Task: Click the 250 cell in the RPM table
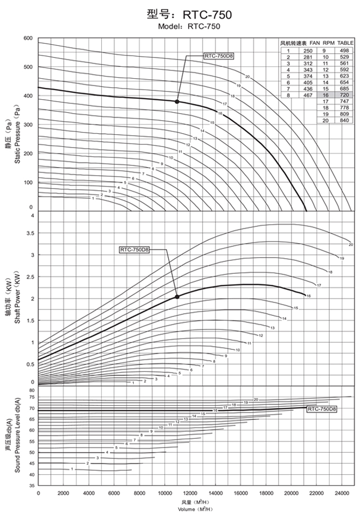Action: pos(306,50)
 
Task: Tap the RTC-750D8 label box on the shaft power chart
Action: pos(134,250)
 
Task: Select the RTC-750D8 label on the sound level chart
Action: pos(322,410)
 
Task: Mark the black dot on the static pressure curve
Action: pos(177,101)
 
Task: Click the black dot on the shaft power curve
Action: pos(177,296)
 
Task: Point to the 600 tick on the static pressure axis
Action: pos(29,39)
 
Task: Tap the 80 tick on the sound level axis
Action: pos(32,390)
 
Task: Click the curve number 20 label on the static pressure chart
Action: pos(247,77)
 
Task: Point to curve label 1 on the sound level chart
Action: pos(72,469)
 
